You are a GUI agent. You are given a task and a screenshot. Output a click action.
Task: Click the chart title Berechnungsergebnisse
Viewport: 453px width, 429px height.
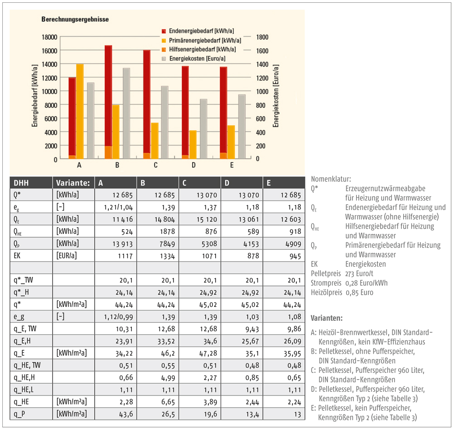75,19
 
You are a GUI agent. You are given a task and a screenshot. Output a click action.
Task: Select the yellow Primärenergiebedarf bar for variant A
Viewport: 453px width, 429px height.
80,111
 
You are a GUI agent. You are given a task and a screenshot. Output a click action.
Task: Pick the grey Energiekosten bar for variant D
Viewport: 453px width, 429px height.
203,129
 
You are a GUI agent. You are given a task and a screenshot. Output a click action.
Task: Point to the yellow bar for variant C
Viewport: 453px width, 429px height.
154,141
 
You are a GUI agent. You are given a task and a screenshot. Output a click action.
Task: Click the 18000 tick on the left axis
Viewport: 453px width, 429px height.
49,37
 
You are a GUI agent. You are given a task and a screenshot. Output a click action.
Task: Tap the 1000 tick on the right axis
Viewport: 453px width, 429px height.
262,91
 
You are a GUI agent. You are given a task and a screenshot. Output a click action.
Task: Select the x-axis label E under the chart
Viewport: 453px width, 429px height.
231,165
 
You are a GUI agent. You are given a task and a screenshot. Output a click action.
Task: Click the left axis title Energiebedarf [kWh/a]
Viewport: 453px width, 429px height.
35,95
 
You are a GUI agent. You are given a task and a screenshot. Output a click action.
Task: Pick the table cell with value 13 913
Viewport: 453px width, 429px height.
122,244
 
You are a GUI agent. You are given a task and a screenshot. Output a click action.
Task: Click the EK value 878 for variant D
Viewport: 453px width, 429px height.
253,256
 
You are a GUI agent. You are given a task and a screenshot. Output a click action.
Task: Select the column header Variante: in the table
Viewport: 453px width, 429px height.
73,183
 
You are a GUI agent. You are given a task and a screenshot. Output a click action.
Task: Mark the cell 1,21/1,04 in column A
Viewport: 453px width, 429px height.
118,207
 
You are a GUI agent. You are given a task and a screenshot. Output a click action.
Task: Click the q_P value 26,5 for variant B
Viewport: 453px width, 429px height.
168,414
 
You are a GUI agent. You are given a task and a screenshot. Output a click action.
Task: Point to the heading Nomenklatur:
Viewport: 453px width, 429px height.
331,179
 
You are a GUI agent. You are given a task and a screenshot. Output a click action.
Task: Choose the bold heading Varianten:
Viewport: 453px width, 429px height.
327,318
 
